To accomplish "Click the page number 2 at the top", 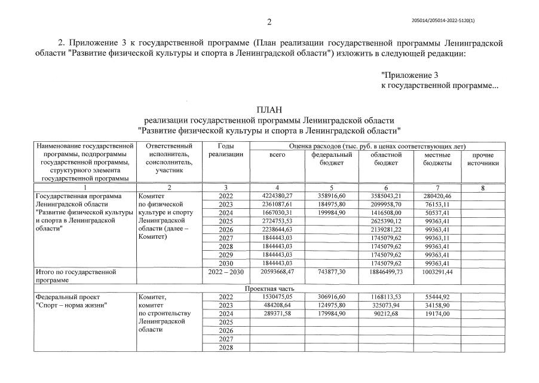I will click(x=269, y=23).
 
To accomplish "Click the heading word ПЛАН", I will click(x=269, y=110).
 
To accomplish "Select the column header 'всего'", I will click(x=277, y=155).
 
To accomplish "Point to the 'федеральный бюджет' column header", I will click(x=332, y=159).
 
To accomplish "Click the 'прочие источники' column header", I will click(x=482, y=159).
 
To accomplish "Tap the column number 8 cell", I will click(x=482, y=188).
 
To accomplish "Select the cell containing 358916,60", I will click(x=332, y=196).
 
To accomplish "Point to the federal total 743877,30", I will click(x=332, y=272).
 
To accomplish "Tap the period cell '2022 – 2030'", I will click(x=225, y=272).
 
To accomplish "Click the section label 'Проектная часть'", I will click(x=269, y=288).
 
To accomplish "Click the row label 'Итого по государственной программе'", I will click(x=76, y=275).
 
